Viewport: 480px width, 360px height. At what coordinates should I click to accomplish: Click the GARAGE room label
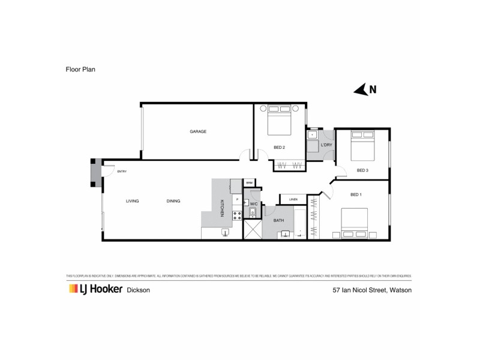[x=198, y=131]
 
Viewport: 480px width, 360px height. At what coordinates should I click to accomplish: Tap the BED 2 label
[x=278, y=147]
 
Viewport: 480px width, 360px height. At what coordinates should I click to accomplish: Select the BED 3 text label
[x=362, y=170]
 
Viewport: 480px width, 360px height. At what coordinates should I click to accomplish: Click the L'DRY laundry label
[x=326, y=145]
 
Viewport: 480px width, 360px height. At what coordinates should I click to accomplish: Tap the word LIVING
[x=133, y=201]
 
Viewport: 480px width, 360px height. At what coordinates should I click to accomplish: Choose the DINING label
[x=173, y=201]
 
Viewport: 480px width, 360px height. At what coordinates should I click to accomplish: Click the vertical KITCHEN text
[x=222, y=208]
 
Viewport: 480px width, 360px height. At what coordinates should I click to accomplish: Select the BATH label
[x=279, y=221]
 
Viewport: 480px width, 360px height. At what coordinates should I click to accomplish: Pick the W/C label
[x=254, y=204]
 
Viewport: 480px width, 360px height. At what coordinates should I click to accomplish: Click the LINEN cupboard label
[x=293, y=200]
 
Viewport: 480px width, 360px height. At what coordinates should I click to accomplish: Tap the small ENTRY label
[x=122, y=172]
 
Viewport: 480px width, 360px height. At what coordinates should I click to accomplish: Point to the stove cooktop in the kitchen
[x=238, y=214]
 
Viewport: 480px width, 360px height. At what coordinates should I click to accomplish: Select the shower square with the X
[x=252, y=230]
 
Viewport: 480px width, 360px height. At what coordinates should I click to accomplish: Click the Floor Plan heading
[x=80, y=70]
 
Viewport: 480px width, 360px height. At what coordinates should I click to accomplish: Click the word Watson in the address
[x=400, y=290]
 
